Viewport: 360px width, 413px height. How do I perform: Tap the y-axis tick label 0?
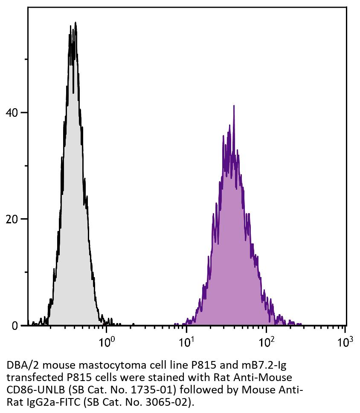16,326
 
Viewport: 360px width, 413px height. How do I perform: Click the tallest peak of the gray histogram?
75,23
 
